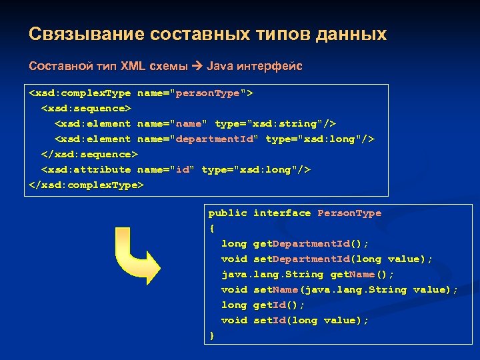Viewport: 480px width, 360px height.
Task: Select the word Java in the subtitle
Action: click(219, 67)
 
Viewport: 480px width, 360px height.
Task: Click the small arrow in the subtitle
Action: click(198, 67)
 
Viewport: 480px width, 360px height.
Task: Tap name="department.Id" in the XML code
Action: click(198, 139)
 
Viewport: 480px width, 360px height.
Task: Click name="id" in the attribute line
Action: click(166, 169)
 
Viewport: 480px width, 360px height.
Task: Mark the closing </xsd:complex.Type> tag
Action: click(86, 185)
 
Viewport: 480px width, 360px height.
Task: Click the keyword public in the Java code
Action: click(228, 213)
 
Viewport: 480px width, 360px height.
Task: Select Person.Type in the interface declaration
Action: click(349, 213)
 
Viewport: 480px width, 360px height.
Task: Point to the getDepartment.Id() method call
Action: click(311, 243)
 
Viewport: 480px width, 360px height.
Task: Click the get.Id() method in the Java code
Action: click(279, 305)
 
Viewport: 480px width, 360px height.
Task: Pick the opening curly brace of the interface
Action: click(212, 228)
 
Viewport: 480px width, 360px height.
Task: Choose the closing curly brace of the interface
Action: click(212, 335)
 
